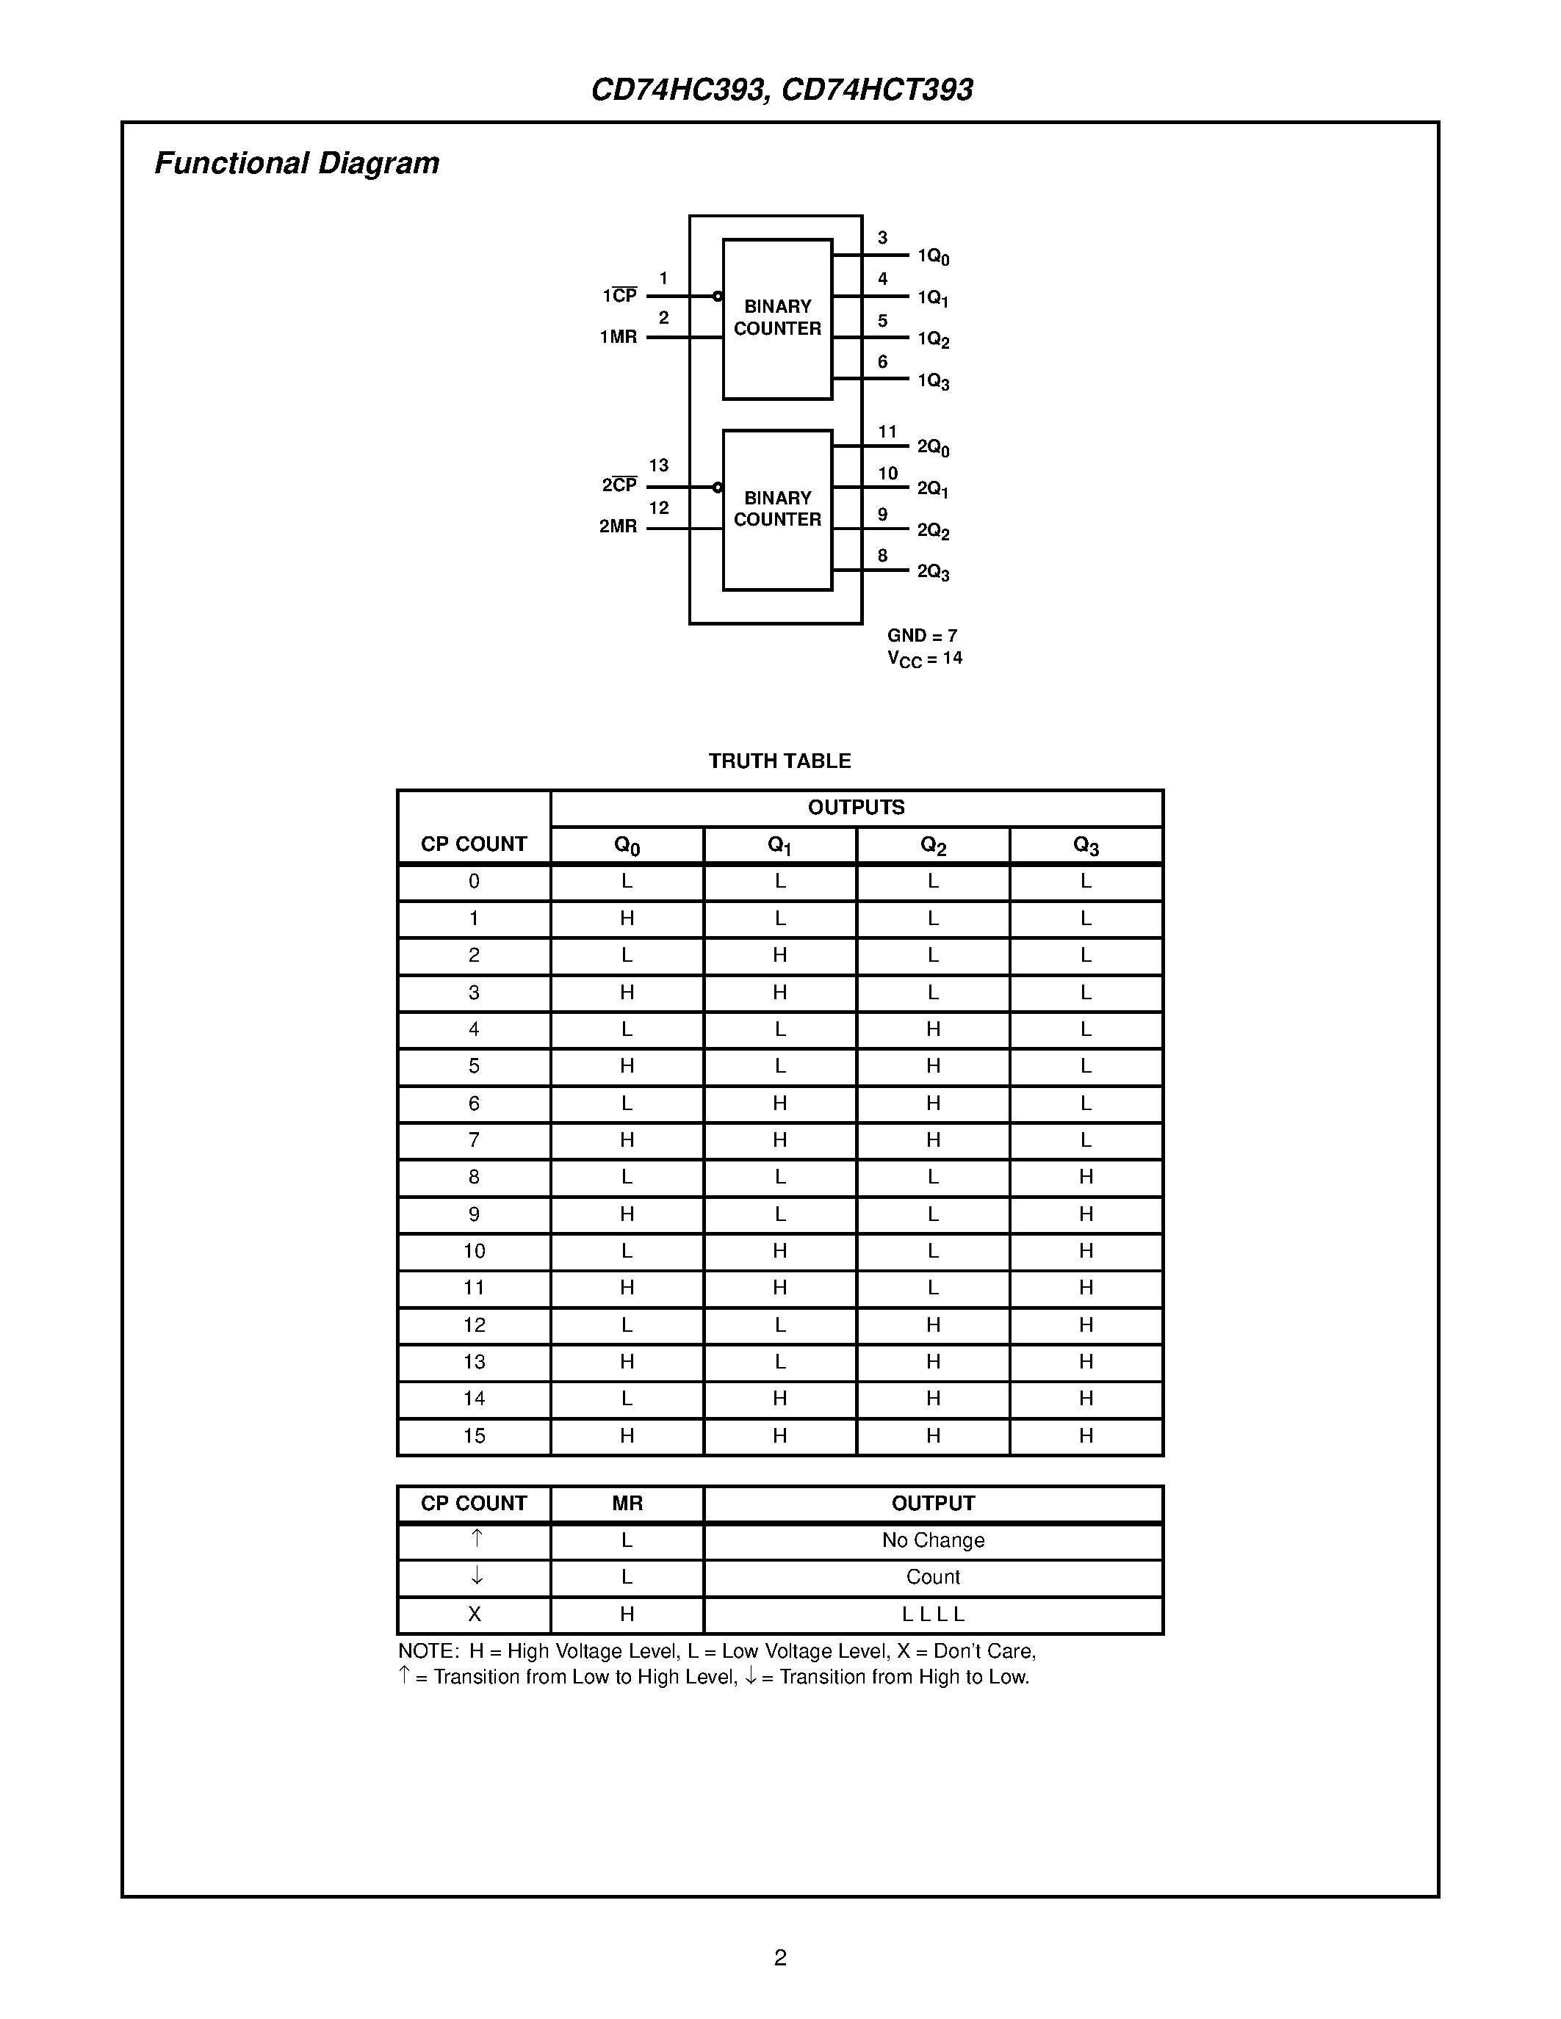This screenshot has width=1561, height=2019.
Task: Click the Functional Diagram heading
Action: click(x=296, y=164)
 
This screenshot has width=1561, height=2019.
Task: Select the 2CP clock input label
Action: click(x=619, y=485)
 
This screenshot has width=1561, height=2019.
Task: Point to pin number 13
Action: click(x=658, y=465)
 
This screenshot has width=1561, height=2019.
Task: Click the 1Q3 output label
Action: click(x=933, y=381)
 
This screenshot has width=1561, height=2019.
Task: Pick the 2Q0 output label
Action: click(x=933, y=447)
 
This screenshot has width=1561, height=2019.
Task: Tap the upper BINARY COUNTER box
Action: click(x=776, y=318)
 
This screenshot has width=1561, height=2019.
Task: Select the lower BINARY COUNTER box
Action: click(x=776, y=510)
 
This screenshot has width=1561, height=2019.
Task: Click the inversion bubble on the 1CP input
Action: click(x=718, y=297)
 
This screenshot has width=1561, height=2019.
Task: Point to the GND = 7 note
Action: click(x=922, y=636)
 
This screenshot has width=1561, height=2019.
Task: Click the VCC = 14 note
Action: click(x=924, y=659)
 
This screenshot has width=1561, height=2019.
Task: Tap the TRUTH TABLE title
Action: click(x=779, y=761)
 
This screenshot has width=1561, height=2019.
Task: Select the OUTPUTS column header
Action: click(x=857, y=807)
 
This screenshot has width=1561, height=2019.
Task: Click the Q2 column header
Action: click(x=933, y=845)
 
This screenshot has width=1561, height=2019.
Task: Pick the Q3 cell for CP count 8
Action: click(x=1086, y=1177)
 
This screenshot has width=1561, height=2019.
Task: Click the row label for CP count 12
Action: click(x=474, y=1324)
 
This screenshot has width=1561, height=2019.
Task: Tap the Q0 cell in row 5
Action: click(x=627, y=1066)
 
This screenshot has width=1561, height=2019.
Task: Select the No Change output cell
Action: click(x=932, y=1540)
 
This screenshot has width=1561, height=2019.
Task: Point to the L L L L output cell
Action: click(x=932, y=1614)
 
